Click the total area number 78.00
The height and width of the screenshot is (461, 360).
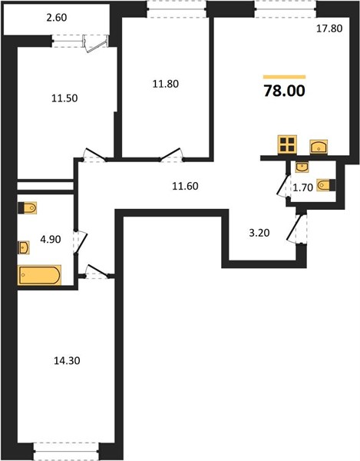pyautogui.click(x=284, y=91)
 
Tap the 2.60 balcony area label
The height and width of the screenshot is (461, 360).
pyautogui.click(x=57, y=18)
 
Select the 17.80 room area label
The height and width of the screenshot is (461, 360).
pyautogui.click(x=329, y=28)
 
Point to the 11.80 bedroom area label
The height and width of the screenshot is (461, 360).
pyautogui.click(x=165, y=84)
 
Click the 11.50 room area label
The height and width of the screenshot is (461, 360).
pyautogui.click(x=64, y=98)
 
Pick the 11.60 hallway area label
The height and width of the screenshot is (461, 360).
pyautogui.click(x=185, y=186)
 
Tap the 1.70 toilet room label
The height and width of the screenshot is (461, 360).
pyautogui.click(x=302, y=187)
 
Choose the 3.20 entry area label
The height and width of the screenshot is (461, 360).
pyautogui.click(x=259, y=233)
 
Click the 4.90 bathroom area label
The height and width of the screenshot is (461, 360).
pyautogui.click(x=51, y=239)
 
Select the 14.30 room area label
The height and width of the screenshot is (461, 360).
pyautogui.click(x=67, y=360)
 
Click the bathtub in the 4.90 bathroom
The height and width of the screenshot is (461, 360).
pyautogui.click(x=39, y=275)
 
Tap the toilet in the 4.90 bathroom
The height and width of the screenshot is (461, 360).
pyautogui.click(x=28, y=208)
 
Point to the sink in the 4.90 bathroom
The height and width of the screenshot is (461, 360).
pyautogui.click(x=24, y=247)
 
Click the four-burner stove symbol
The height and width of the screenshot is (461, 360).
pyautogui.click(x=287, y=144)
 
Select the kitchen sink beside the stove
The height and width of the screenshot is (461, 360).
pyautogui.click(x=319, y=147)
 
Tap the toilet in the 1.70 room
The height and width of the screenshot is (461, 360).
pyautogui.click(x=326, y=185)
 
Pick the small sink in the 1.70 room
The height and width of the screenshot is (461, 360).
pyautogui.click(x=302, y=167)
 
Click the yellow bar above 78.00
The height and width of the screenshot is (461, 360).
pyautogui.click(x=284, y=77)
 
